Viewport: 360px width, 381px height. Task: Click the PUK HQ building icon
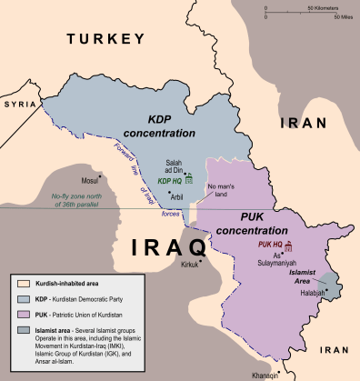coord(289,246)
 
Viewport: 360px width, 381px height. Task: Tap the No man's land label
coord(222,192)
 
